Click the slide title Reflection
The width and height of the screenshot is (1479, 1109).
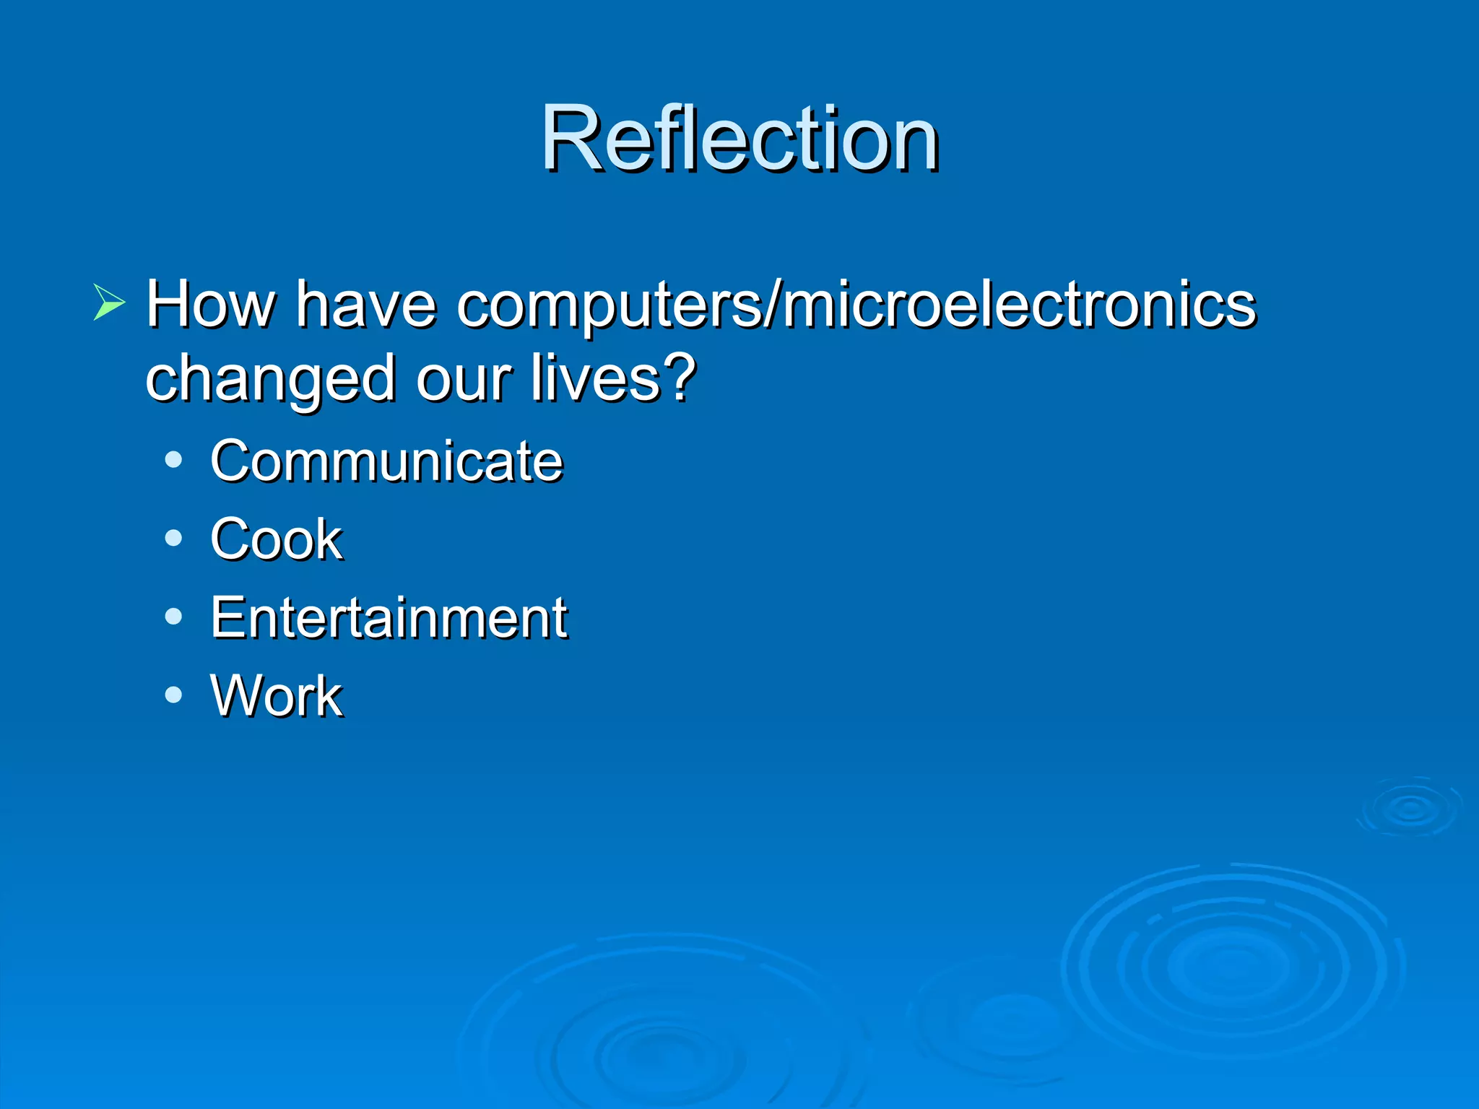point(739,139)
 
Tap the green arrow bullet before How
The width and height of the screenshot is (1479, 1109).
point(109,303)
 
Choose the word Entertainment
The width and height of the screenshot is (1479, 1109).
point(389,618)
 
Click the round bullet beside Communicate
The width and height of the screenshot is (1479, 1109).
point(173,460)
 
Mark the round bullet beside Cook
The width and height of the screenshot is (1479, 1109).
point(173,538)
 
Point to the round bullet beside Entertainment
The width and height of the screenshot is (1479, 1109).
point(173,617)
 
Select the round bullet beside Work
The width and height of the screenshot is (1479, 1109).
point(173,695)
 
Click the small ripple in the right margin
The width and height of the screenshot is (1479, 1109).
point(1410,809)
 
